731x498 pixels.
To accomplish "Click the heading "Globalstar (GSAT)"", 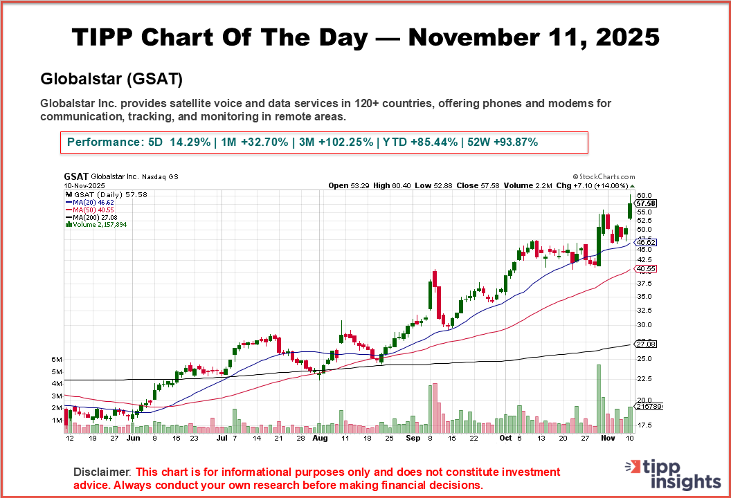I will (111, 79).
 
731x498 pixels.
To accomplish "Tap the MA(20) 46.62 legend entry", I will (91, 202).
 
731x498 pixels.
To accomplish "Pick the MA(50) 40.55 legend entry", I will (91, 210).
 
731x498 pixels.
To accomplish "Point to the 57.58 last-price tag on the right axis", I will (645, 203).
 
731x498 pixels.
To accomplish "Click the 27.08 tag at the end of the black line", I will (645, 344).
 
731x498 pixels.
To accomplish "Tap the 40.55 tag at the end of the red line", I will (645, 268).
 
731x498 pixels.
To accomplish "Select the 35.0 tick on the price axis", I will (644, 296).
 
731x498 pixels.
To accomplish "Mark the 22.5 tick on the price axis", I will (644, 378).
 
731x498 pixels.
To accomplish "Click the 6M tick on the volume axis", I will (57, 360).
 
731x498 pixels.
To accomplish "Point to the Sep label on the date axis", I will (413, 438).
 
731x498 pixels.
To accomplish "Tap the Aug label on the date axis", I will (320, 438).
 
